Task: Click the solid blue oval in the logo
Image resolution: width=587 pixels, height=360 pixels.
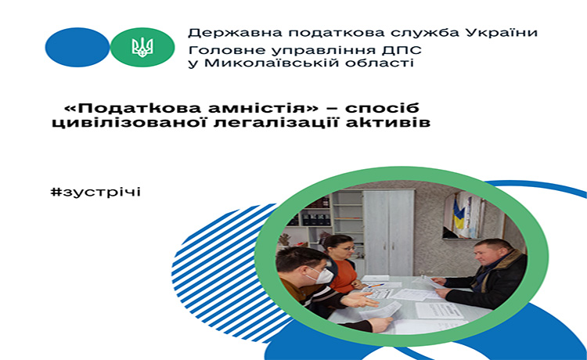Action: click(77, 47)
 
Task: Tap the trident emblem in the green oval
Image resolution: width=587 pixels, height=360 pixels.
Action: click(142, 48)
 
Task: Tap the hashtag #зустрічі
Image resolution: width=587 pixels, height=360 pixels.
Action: click(95, 192)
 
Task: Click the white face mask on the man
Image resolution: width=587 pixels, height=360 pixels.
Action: click(321, 275)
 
